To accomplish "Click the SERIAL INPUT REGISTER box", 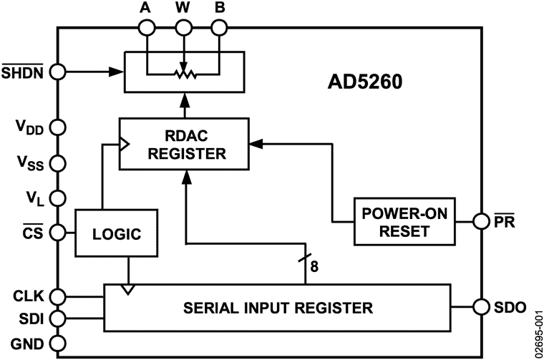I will click(x=277, y=308).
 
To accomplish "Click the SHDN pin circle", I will click(x=58, y=72).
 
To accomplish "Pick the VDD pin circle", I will click(x=58, y=127).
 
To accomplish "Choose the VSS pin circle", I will click(x=58, y=162).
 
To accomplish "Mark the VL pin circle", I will click(x=58, y=197).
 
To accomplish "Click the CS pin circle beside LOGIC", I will click(x=58, y=233).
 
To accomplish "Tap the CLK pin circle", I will click(x=58, y=296).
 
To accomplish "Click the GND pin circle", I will click(x=58, y=341).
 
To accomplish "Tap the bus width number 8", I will click(x=314, y=269).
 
